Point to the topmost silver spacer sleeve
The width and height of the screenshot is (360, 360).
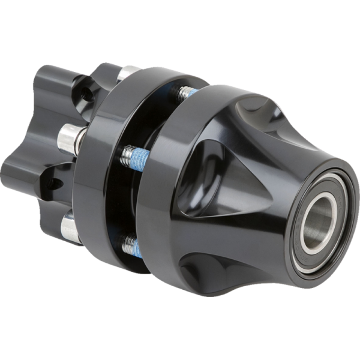(126, 73)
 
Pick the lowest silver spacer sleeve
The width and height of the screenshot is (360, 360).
(71, 228)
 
